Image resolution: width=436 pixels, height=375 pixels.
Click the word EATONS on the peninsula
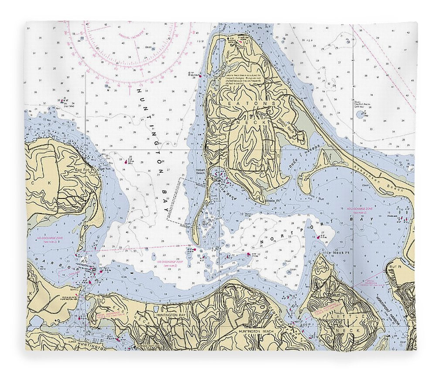pyautogui.click(x=252, y=103)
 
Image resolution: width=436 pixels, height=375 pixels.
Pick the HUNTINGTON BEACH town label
pyautogui.click(x=255, y=331)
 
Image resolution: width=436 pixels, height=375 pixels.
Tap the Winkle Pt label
pyautogui.click(x=272, y=201)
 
